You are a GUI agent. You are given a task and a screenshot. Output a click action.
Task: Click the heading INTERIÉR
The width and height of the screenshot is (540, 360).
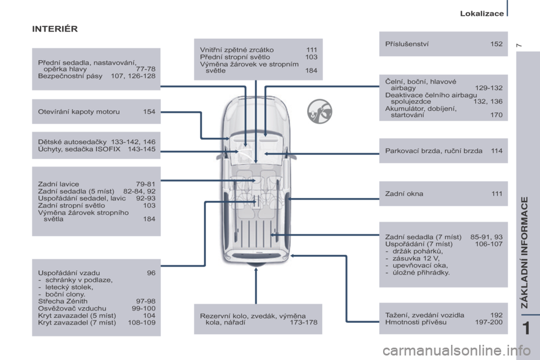click(x=55, y=29)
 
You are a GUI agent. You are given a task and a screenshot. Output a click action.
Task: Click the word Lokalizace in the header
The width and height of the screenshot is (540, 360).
click(x=482, y=13)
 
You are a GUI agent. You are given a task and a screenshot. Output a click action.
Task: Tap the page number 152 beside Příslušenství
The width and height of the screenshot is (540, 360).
click(x=496, y=44)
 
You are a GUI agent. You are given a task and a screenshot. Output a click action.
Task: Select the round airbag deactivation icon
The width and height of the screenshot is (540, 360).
click(x=319, y=111)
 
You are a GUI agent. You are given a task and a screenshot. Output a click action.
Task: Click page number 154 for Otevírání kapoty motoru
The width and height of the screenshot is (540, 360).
click(x=149, y=111)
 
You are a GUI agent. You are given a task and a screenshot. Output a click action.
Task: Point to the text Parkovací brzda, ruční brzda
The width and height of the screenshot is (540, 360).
click(x=434, y=151)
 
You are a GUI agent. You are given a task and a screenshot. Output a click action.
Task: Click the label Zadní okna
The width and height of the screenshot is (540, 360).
click(x=404, y=193)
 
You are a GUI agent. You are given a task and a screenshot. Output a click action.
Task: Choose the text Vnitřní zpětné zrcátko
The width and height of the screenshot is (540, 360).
click(x=237, y=50)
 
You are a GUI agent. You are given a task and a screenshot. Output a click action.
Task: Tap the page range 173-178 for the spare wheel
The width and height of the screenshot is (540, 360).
click(x=303, y=322)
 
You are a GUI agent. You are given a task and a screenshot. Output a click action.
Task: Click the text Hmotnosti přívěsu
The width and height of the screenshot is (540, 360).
click(x=416, y=322)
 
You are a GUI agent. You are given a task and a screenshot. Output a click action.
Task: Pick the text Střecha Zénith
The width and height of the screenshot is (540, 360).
click(x=62, y=301)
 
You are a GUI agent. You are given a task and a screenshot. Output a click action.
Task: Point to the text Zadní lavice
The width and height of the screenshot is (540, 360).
click(x=58, y=184)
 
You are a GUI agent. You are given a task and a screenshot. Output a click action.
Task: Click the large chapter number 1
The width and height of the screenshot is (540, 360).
click(x=526, y=328)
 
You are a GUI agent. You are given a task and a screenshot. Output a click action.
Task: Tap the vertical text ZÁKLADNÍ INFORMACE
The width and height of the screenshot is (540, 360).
click(x=524, y=253)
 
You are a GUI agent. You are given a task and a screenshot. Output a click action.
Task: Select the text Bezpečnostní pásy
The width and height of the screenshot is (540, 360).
click(x=70, y=76)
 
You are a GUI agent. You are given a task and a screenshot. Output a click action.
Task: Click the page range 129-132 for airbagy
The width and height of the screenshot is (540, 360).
click(x=489, y=88)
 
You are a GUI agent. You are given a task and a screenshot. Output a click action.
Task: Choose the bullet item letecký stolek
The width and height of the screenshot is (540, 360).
click(x=69, y=287)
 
